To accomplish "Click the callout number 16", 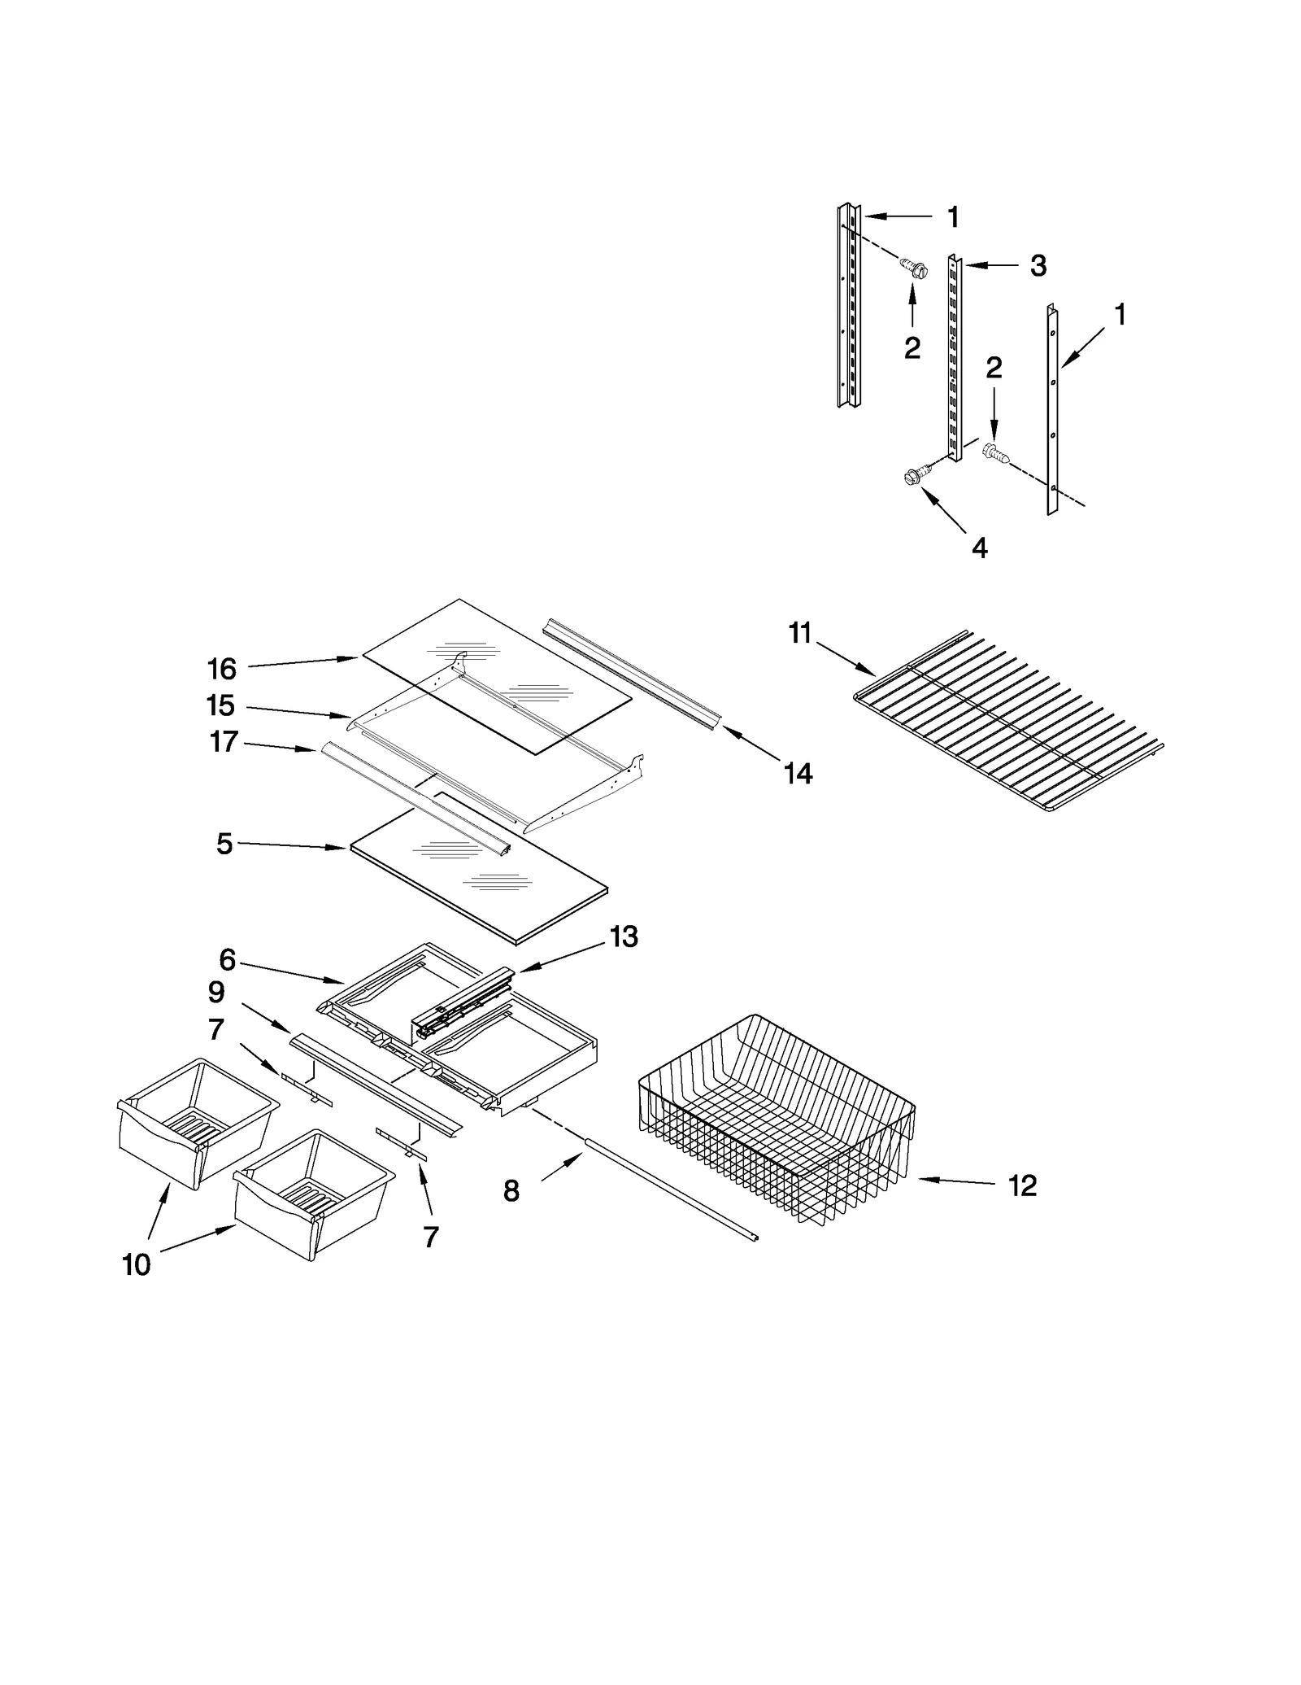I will (x=221, y=669).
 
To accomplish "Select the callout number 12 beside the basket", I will (x=1022, y=1185).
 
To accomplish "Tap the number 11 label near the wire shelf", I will (x=800, y=632).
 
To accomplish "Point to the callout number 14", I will (x=798, y=773).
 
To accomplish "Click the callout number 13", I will (x=624, y=937).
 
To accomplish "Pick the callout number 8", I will (x=511, y=1191).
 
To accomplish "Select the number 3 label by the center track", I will (x=1038, y=266).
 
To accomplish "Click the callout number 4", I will (x=980, y=548).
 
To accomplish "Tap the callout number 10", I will (x=136, y=1264).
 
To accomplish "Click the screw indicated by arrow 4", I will (x=916, y=478).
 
